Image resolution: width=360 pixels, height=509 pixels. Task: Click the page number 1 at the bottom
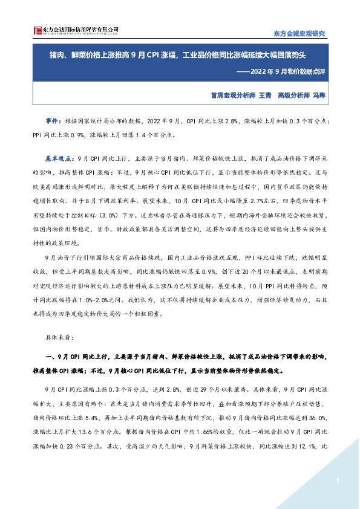(x=336, y=480)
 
